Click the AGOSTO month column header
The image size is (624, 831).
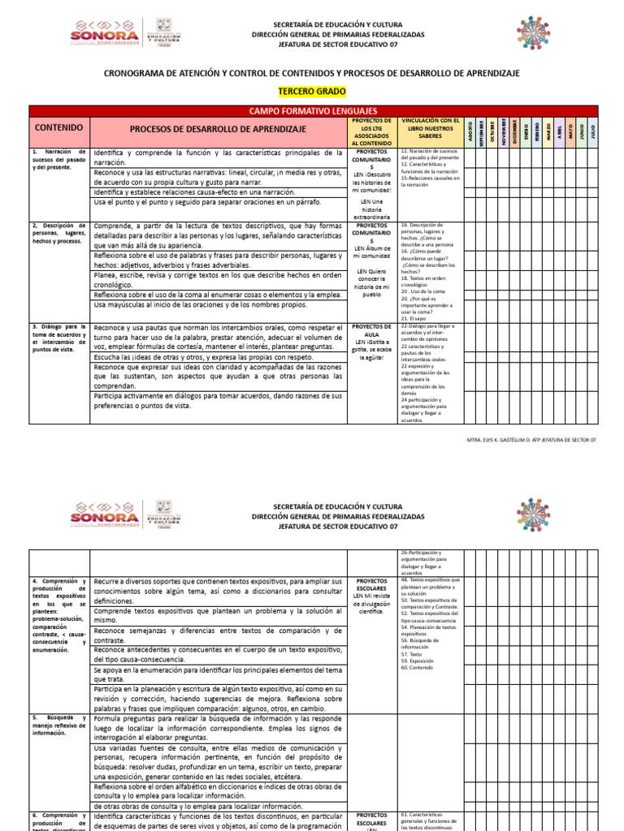pyautogui.click(x=470, y=130)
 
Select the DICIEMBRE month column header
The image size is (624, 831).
pyautogui.click(x=513, y=130)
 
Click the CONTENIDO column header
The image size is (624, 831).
pyautogui.click(x=58, y=128)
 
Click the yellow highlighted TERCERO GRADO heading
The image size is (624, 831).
pyautogui.click(x=312, y=92)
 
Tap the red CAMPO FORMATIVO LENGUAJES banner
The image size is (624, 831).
pyautogui.click(x=313, y=110)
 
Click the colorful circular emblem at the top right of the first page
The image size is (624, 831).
pyautogui.click(x=532, y=32)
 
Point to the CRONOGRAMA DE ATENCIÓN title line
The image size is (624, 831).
pyautogui.click(x=312, y=73)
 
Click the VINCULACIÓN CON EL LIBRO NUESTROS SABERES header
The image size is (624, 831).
pyautogui.click(x=431, y=129)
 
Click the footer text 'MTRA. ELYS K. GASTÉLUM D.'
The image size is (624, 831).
pyautogui.click(x=532, y=439)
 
